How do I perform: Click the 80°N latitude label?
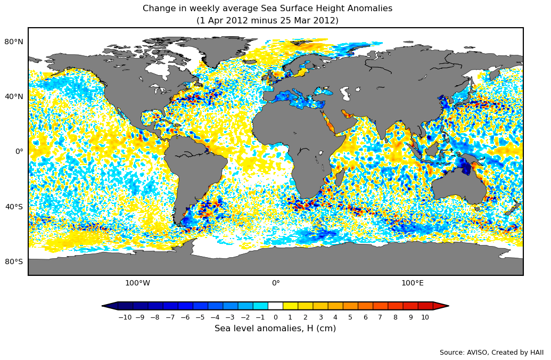[x=14, y=42]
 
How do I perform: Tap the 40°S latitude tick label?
[x=14, y=207]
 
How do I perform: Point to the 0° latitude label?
[x=19, y=151]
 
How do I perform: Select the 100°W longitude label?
[x=137, y=283]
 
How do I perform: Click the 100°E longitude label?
[x=413, y=283]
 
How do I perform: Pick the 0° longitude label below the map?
[x=276, y=283]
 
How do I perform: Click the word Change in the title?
[x=159, y=9]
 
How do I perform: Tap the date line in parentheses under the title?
[x=267, y=21]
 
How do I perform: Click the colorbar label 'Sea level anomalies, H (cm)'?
[x=275, y=329]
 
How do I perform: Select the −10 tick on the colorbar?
[x=125, y=317]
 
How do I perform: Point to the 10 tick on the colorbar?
[x=425, y=317]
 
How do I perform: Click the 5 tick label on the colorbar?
[x=350, y=317]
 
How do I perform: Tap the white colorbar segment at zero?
[x=275, y=306]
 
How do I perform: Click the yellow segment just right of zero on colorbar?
[x=290, y=306]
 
